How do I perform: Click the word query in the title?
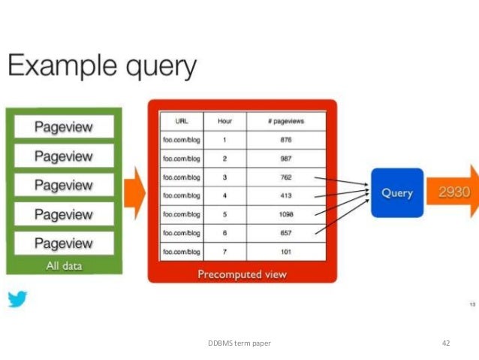(x=155, y=68)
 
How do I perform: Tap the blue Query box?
(x=396, y=193)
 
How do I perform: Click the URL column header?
(x=180, y=121)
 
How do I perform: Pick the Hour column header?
(x=224, y=121)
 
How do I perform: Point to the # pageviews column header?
(x=286, y=121)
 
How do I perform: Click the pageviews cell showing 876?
(x=286, y=140)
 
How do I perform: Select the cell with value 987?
(x=286, y=159)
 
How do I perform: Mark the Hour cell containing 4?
(x=224, y=196)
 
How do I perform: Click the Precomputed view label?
(x=242, y=274)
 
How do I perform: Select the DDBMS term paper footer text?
(x=239, y=343)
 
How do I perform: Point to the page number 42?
(x=445, y=343)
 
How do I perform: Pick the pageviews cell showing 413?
(x=286, y=196)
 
